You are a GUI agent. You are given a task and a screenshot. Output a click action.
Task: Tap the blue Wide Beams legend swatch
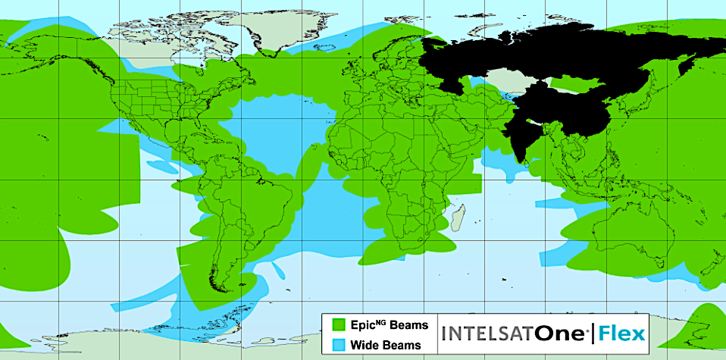point(338,345)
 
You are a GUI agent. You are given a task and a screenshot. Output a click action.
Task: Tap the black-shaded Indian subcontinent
point(523,136)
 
